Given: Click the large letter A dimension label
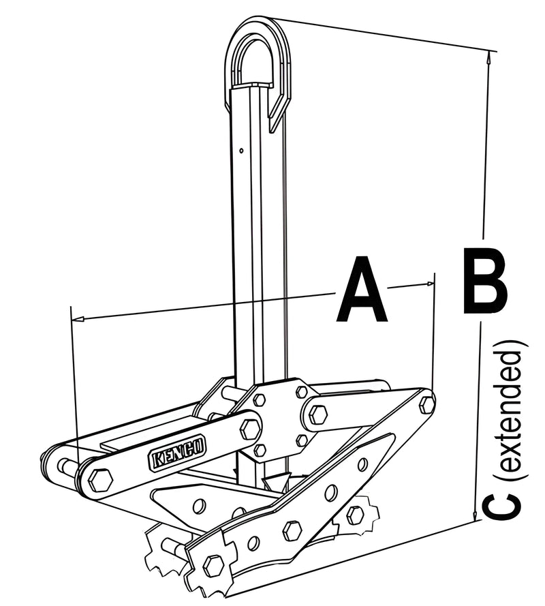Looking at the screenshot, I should click(361, 290).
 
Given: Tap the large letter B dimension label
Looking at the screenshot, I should click(484, 281).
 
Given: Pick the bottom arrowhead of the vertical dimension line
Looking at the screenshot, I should click(475, 517).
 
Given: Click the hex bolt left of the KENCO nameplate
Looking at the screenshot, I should click(101, 480).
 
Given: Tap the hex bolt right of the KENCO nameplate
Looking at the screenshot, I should click(250, 429).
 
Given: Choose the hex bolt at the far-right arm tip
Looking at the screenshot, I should click(426, 404).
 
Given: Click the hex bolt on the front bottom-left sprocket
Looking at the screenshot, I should click(213, 564).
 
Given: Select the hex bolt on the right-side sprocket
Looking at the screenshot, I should click(355, 515).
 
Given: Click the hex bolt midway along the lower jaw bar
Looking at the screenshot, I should click(292, 530).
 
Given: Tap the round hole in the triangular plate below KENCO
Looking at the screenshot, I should click(199, 505).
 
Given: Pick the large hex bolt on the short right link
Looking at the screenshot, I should click(318, 413).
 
